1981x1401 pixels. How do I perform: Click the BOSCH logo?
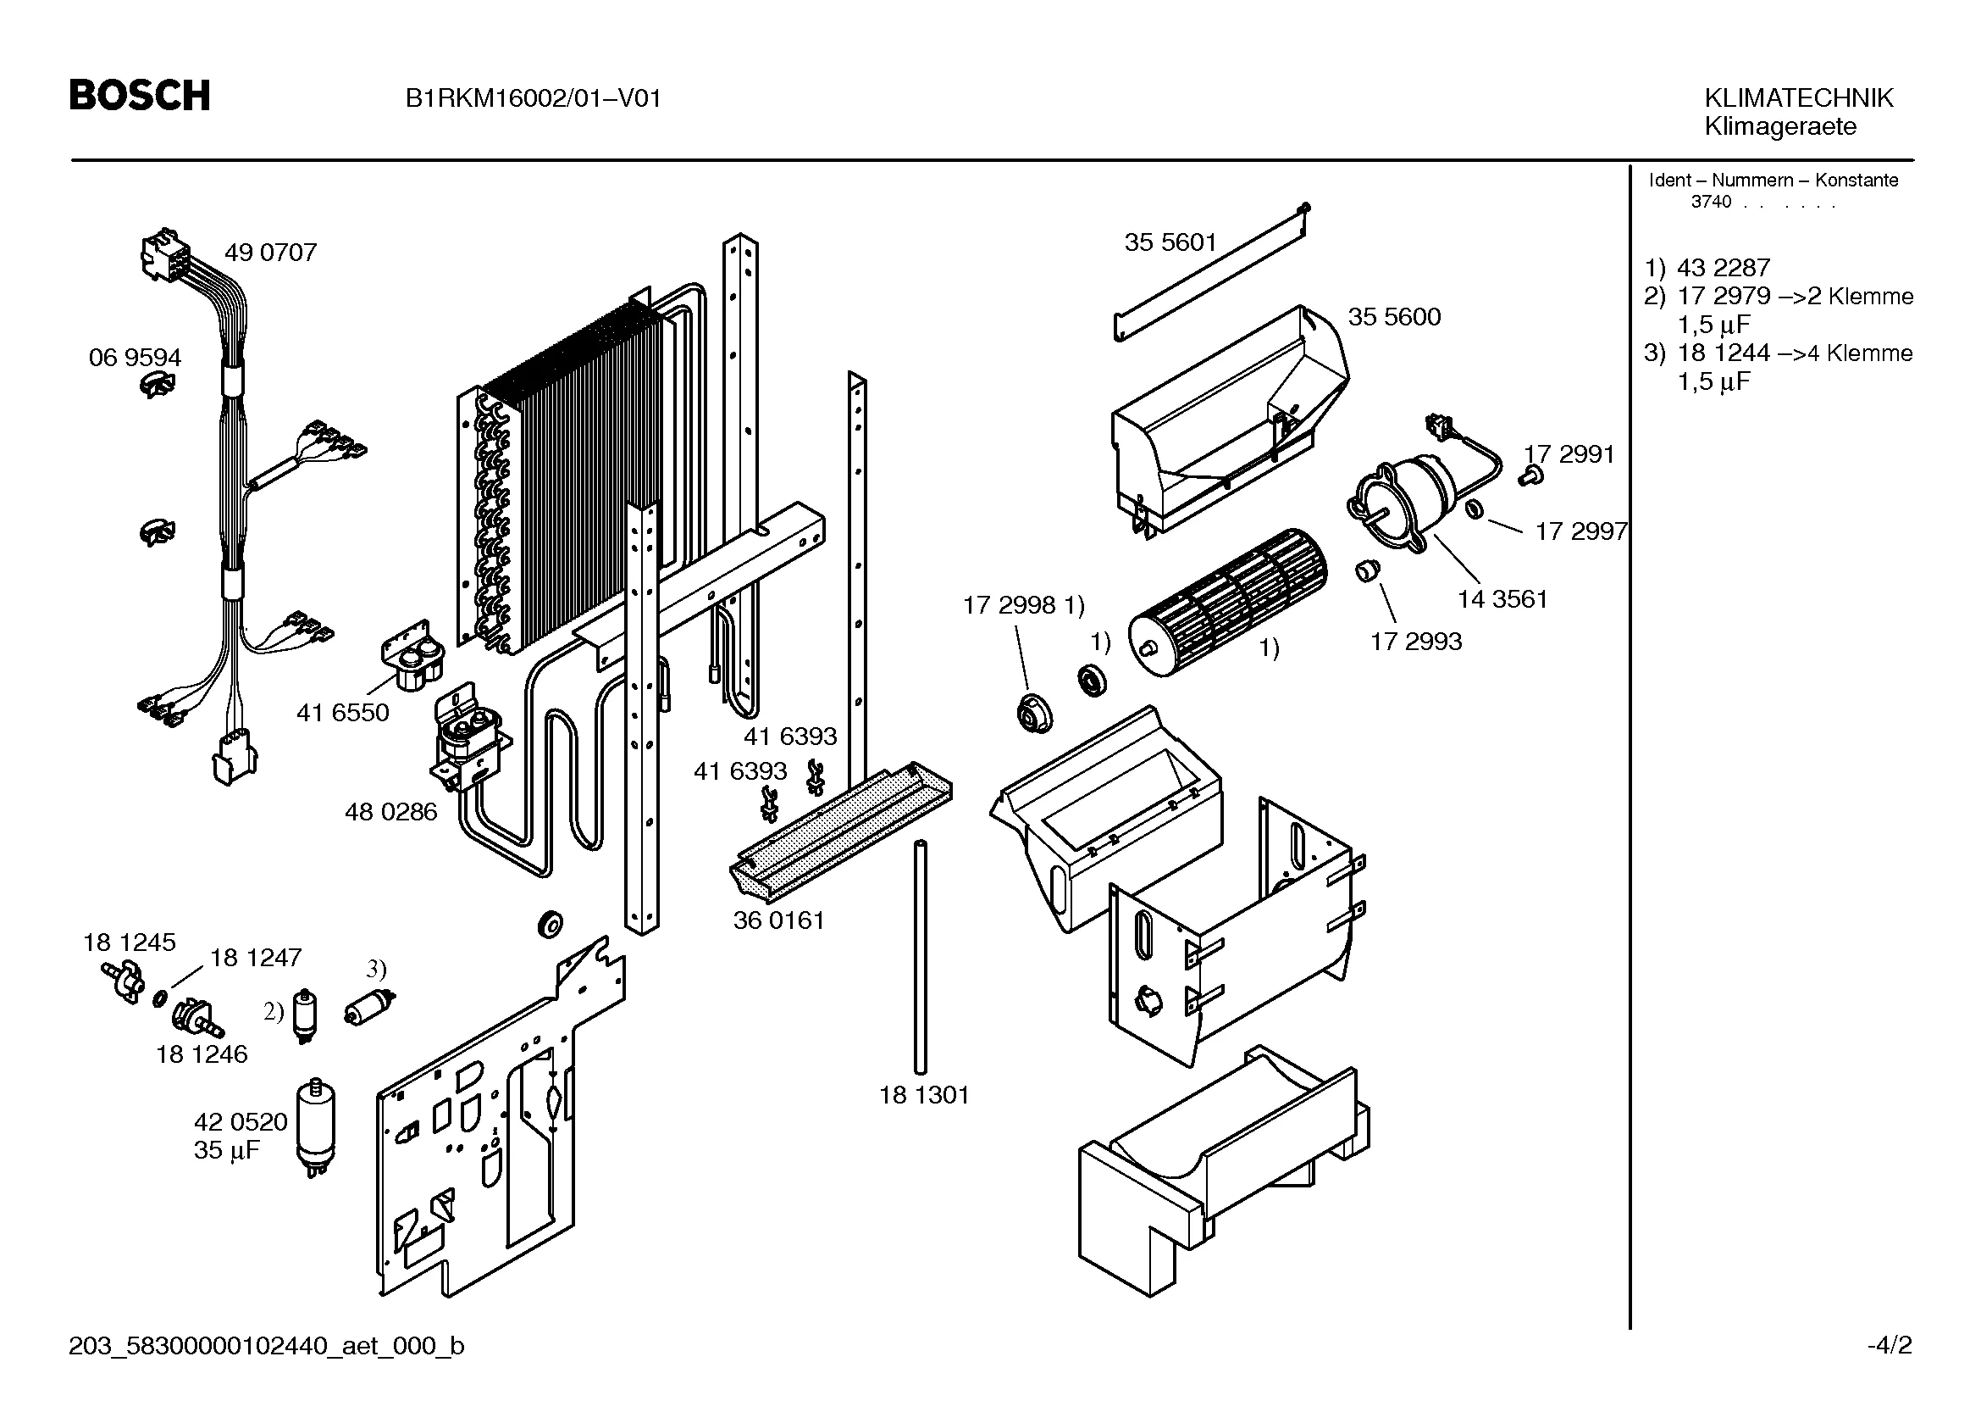click(x=140, y=95)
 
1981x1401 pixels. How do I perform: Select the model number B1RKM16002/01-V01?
click(x=534, y=98)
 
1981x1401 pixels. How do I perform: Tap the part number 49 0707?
click(x=270, y=253)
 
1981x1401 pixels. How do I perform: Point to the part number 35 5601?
click(x=1169, y=242)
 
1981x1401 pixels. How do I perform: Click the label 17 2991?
click(x=1569, y=454)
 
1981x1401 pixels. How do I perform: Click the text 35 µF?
click(x=226, y=1151)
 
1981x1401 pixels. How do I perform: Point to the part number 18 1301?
click(x=924, y=1095)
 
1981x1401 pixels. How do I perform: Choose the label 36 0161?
click(x=778, y=920)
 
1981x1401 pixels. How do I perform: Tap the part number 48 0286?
click(x=390, y=812)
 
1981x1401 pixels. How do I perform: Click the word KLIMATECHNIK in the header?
click(x=1798, y=97)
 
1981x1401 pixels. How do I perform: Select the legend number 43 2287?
click(x=1723, y=268)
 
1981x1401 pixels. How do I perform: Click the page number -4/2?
click(x=1889, y=1345)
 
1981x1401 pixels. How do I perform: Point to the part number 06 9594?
click(x=135, y=358)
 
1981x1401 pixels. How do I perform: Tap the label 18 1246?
click(x=201, y=1054)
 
